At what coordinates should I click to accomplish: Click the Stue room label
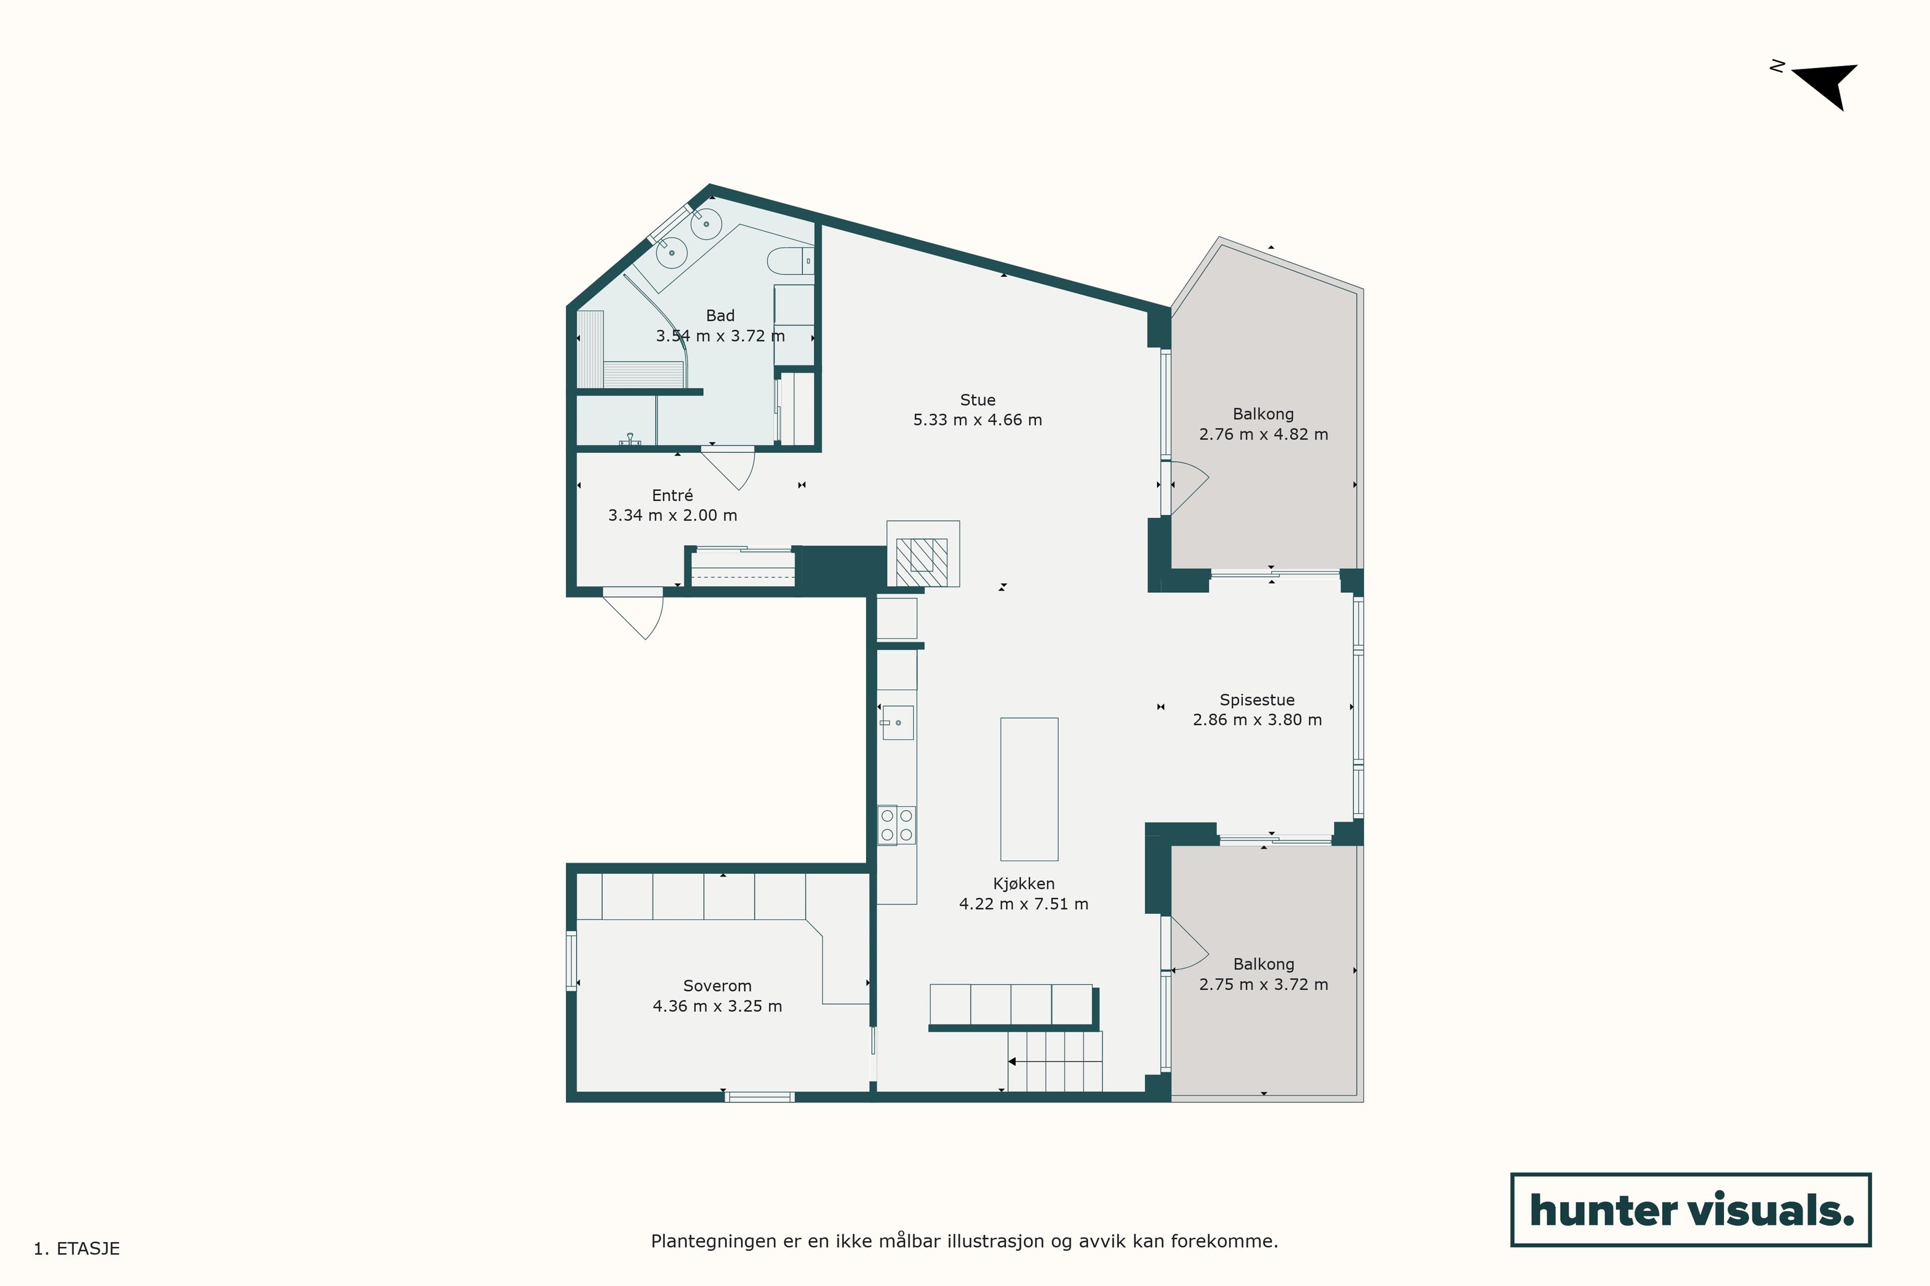click(977, 400)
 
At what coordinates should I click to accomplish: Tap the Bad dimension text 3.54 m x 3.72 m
click(720, 336)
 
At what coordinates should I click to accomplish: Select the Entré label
click(672, 495)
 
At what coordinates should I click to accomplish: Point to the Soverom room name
click(717, 986)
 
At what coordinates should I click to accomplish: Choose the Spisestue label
click(1257, 700)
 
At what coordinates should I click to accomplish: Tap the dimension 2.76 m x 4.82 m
click(1264, 435)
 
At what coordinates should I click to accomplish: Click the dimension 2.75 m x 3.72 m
click(1264, 984)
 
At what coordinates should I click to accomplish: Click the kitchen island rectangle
click(1029, 789)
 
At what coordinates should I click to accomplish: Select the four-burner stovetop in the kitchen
click(896, 825)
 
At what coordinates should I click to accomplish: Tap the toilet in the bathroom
click(790, 261)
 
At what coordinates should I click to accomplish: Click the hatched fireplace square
click(921, 562)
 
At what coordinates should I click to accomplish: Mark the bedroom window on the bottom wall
click(760, 1097)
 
